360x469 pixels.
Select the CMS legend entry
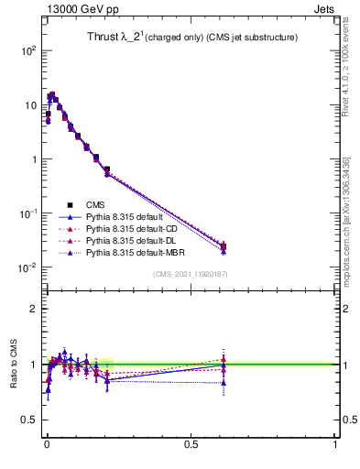click(x=96, y=204)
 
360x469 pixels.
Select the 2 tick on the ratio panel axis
click(x=34, y=309)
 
